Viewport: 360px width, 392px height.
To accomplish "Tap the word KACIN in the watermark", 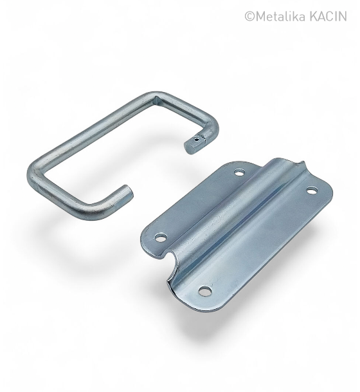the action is (x=328, y=17).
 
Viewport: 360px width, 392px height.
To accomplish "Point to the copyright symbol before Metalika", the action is (x=249, y=17).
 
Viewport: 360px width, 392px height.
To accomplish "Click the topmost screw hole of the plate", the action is (x=240, y=173).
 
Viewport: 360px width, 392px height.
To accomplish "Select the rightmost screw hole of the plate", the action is (x=311, y=191).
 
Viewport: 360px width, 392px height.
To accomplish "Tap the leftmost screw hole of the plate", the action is (x=161, y=238).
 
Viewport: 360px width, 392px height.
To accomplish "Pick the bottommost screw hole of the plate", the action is (x=205, y=291).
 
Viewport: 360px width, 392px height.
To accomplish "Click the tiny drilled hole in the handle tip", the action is (x=197, y=139).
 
